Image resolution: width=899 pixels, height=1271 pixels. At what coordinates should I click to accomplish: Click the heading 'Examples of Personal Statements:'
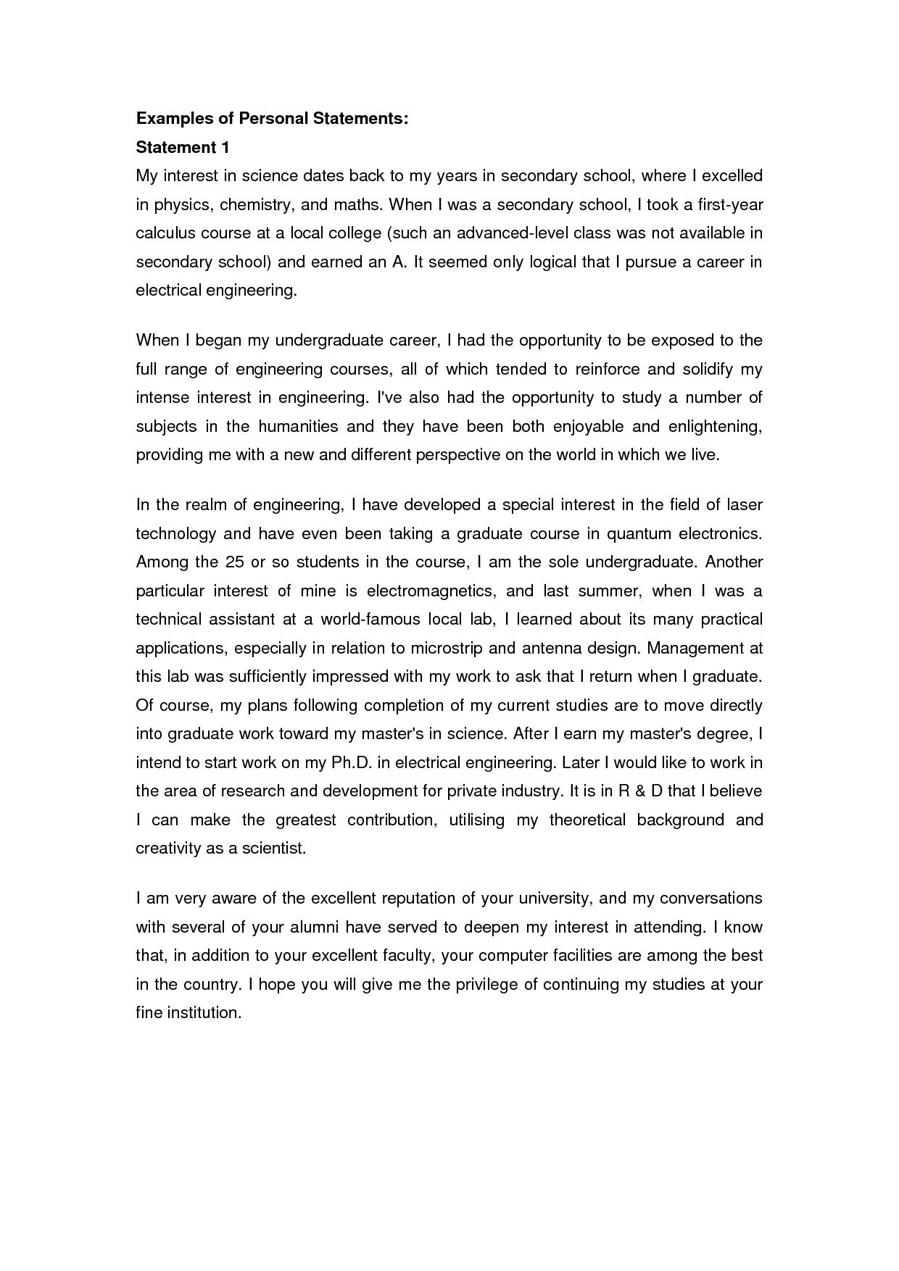pyautogui.click(x=272, y=119)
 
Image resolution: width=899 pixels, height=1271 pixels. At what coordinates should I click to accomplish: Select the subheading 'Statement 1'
pyautogui.click(x=183, y=148)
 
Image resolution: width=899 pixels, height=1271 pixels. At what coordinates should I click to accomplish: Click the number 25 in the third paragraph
pyautogui.click(x=235, y=562)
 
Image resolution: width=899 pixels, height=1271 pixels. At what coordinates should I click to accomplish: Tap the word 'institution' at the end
pyautogui.click(x=203, y=1013)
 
